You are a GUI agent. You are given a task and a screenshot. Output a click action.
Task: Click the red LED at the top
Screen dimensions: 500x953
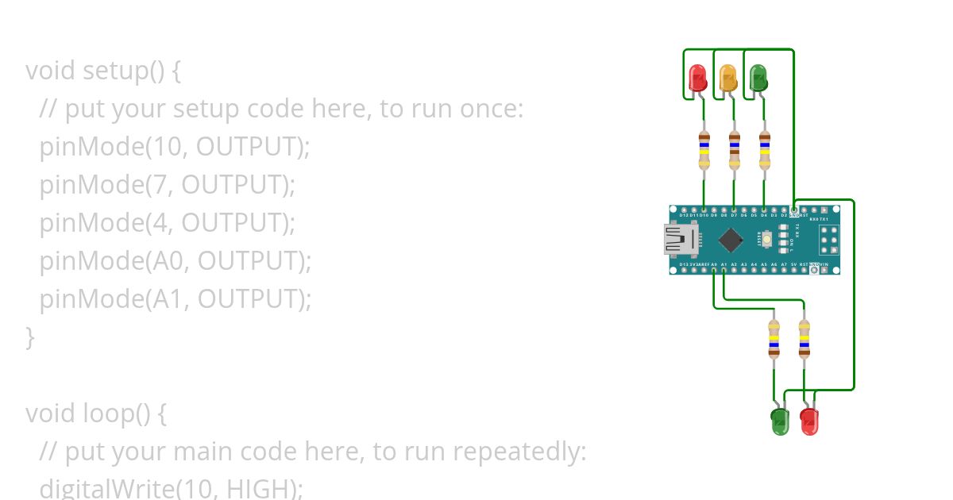(698, 78)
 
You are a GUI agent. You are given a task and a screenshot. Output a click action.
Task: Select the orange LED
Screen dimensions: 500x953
(728, 78)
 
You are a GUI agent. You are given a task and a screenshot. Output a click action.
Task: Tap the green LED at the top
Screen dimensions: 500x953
(758, 78)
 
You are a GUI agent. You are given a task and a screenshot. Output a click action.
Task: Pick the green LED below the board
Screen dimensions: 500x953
(780, 421)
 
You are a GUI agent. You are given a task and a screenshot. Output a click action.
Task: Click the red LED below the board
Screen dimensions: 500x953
(809, 421)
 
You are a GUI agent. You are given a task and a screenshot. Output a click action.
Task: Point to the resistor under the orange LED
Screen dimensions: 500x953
(734, 150)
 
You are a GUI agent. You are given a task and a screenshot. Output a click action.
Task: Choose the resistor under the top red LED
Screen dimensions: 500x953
(704, 150)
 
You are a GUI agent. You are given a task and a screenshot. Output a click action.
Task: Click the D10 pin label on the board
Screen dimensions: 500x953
(704, 215)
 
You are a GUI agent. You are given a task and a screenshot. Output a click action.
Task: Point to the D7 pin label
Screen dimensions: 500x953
(734, 215)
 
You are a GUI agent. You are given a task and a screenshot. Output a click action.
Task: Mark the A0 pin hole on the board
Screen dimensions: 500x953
(714, 271)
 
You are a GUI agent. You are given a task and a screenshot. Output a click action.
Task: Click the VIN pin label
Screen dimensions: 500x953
(824, 264)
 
